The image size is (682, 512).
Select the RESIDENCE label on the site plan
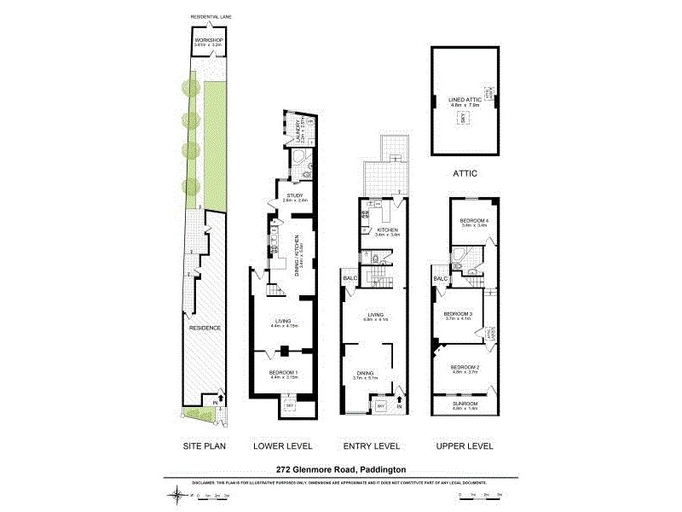[x=205, y=328]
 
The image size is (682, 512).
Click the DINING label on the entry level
[x=374, y=373]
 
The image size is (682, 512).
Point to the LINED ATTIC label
[x=464, y=100]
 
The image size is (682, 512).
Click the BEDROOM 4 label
[x=473, y=221]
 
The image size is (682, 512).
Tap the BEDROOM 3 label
[x=458, y=314]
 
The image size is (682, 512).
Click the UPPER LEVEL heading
[x=465, y=446]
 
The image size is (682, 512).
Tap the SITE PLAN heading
[x=205, y=446]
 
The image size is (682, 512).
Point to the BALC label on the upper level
[x=440, y=279]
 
